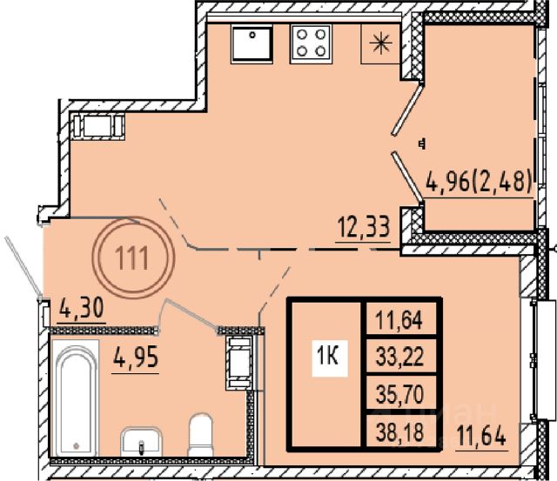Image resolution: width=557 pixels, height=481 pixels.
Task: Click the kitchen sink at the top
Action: (252, 44)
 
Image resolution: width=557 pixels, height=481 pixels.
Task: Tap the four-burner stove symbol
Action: (312, 44)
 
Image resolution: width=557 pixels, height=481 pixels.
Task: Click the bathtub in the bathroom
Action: (76, 397)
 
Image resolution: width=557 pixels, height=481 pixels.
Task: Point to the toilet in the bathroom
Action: (200, 434)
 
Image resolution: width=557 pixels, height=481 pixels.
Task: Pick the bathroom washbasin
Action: (141, 442)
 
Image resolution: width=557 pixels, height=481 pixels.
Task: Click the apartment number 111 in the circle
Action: (133, 258)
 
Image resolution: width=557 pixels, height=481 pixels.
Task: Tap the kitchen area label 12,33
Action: (364, 227)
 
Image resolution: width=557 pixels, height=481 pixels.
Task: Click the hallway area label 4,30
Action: (81, 308)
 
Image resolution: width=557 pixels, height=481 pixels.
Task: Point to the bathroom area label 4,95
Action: (136, 357)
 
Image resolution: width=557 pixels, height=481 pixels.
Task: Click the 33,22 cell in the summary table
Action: (399, 357)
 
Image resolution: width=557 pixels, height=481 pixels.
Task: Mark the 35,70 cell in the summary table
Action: (399, 394)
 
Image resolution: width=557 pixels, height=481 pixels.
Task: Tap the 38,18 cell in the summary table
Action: (399, 432)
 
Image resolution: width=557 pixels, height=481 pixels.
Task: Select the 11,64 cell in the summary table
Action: (399, 319)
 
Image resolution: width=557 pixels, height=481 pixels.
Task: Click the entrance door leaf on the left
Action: (23, 265)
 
